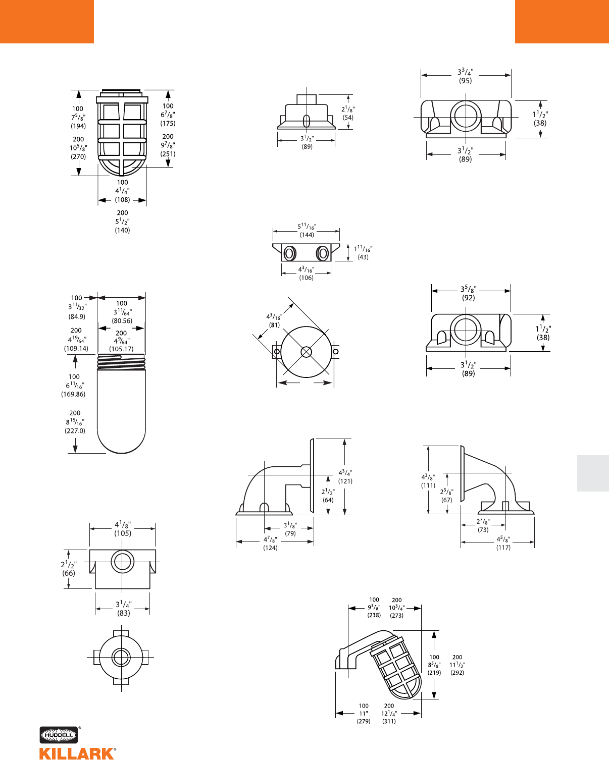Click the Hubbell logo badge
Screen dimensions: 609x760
59,735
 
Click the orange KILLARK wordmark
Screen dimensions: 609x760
77,753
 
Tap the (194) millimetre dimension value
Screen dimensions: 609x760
78,126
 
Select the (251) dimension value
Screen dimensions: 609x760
168,154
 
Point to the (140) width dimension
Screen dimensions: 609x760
122,230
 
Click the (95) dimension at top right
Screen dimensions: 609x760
465,81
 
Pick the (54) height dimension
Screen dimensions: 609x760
348,118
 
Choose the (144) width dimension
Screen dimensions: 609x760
307,235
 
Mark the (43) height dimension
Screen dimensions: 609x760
363,257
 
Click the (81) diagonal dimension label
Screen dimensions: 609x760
274,325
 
